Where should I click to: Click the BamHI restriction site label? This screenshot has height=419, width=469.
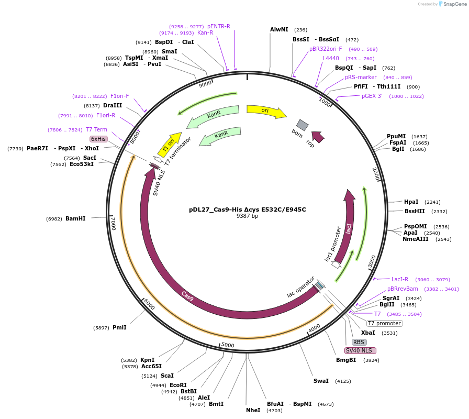click(75, 218)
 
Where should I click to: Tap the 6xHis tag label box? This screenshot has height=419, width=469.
click(98, 139)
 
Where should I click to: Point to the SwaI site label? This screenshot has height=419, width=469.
click(321, 381)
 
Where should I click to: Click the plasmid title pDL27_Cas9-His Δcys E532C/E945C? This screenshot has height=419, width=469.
click(248, 210)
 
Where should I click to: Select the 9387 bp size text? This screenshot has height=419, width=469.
click(248, 216)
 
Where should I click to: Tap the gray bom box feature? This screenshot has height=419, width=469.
click(302, 125)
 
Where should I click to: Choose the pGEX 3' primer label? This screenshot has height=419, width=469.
click(372, 96)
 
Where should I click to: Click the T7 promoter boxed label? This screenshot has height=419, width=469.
click(384, 323)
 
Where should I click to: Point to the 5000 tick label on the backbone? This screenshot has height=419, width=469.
click(228, 345)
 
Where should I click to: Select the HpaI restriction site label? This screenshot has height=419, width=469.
click(411, 202)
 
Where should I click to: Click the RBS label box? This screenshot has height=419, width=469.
click(359, 342)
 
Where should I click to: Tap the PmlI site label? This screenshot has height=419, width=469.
click(119, 327)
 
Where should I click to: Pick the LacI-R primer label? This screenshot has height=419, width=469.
click(400, 279)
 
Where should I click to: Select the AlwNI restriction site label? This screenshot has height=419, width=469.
click(279, 30)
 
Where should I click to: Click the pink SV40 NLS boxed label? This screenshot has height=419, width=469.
click(360, 350)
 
